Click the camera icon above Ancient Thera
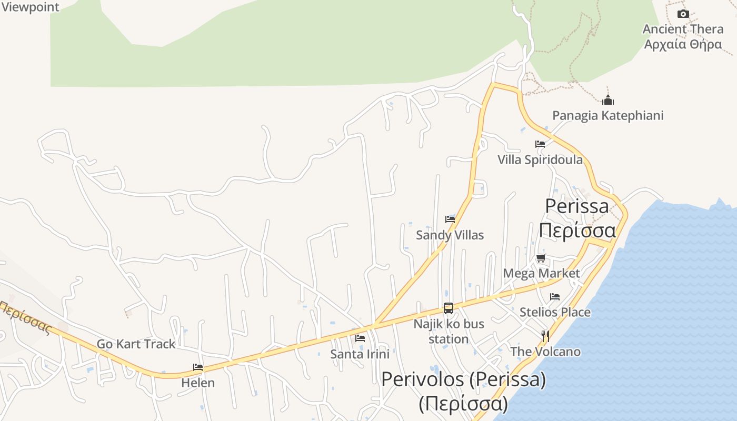(x=683, y=14)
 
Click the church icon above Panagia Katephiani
(x=608, y=99)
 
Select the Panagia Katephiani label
(x=607, y=115)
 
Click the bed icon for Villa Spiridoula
(x=540, y=144)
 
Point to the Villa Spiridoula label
(x=540, y=159)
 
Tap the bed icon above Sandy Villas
(x=450, y=219)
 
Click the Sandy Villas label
(x=450, y=235)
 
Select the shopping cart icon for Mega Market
(x=541, y=258)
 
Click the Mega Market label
(x=541, y=273)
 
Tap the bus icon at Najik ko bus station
(x=449, y=308)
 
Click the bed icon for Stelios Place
(x=555, y=297)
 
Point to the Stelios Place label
(x=555, y=312)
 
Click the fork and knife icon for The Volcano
(x=545, y=336)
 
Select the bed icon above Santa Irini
(x=360, y=338)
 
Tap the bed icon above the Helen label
(x=198, y=367)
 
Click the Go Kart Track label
(x=136, y=344)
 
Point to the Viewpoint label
(x=30, y=7)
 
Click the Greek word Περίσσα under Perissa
(x=577, y=230)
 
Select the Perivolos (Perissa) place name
(x=463, y=379)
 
